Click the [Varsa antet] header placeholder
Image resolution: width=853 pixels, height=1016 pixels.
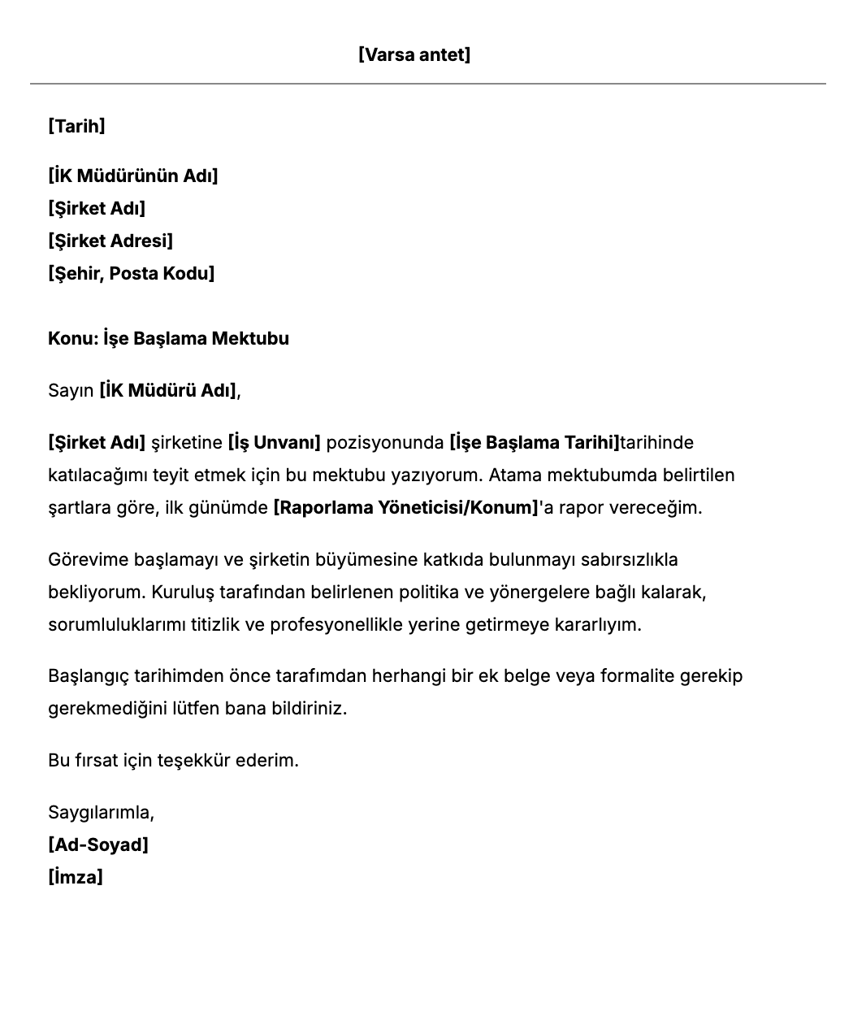(x=414, y=54)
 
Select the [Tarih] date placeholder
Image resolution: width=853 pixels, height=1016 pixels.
(x=76, y=126)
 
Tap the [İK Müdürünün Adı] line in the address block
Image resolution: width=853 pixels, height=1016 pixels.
(x=132, y=176)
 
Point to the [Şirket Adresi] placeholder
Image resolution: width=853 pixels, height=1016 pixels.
(x=110, y=241)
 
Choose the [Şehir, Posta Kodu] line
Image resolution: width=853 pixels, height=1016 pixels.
(x=131, y=273)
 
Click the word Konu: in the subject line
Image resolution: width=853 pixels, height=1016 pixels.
(x=73, y=338)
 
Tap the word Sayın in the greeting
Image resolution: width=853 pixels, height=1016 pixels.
(x=71, y=390)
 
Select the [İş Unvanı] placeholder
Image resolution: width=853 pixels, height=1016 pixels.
(x=275, y=442)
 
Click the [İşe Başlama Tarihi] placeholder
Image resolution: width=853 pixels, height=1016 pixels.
(x=534, y=442)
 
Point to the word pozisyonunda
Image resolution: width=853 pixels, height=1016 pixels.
(x=385, y=442)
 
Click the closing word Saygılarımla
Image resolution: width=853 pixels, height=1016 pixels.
(x=101, y=812)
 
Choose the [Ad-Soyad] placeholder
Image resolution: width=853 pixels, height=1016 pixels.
(x=98, y=844)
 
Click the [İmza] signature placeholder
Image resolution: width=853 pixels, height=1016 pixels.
(x=76, y=877)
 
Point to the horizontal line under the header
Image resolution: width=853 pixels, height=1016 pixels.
(x=427, y=83)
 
